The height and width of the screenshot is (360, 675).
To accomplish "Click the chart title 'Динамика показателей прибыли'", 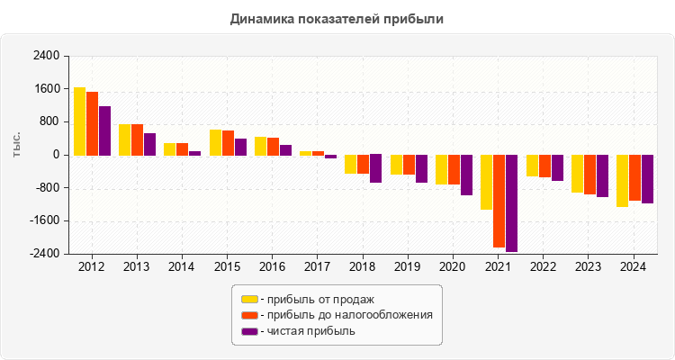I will coord(337,18).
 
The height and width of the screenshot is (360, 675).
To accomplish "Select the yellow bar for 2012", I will coord(79,121).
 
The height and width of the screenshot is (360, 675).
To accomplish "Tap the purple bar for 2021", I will coord(511,203).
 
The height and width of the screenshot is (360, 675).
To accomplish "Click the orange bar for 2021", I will coord(499,201).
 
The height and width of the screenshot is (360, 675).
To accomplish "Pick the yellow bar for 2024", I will coord(622,181).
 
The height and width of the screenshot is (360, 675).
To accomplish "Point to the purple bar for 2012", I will coord(104,130).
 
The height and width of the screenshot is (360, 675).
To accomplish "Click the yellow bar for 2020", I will coord(441,169).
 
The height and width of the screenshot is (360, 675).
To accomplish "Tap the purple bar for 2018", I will coord(375,168).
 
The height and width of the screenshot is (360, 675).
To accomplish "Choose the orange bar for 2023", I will coord(589,175).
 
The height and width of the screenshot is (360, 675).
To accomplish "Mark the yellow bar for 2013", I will coord(124,139).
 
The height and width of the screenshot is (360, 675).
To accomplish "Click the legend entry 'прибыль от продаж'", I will coord(317,299).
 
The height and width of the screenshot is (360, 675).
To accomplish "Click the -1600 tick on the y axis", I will coord(44,221).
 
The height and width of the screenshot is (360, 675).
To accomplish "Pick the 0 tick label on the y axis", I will coord(56,155).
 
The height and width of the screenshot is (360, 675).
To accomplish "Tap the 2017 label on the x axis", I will coord(318,267).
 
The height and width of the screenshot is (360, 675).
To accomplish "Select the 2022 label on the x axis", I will coord(544,267).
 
